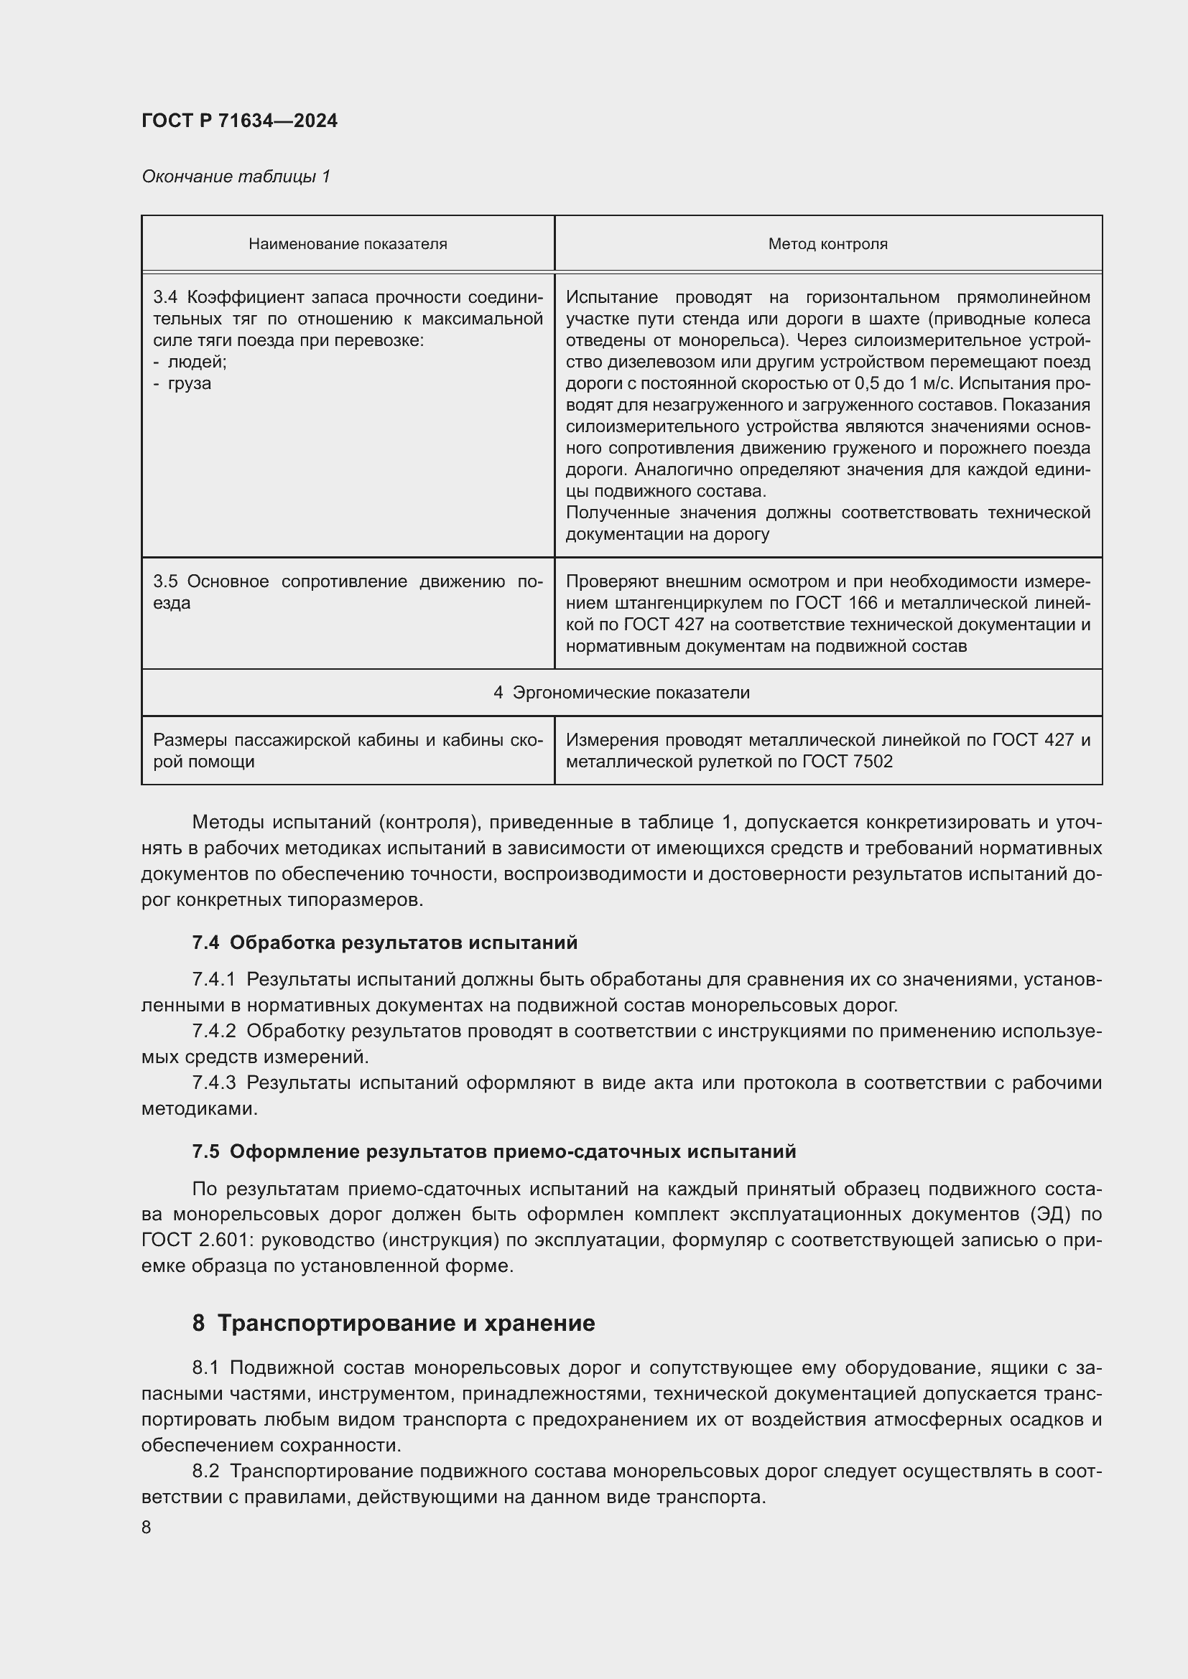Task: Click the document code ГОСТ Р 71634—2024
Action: (x=239, y=121)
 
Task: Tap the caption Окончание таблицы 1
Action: (x=236, y=177)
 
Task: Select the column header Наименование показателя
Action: (x=348, y=244)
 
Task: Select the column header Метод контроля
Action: (x=827, y=244)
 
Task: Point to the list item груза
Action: (x=190, y=383)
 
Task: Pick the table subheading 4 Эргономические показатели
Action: (x=621, y=693)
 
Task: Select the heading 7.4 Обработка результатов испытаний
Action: (x=385, y=943)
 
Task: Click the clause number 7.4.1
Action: (x=213, y=980)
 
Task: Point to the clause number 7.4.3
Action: (x=213, y=1083)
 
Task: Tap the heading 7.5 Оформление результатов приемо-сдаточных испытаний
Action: (x=493, y=1151)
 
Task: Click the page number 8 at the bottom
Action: (x=147, y=1527)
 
